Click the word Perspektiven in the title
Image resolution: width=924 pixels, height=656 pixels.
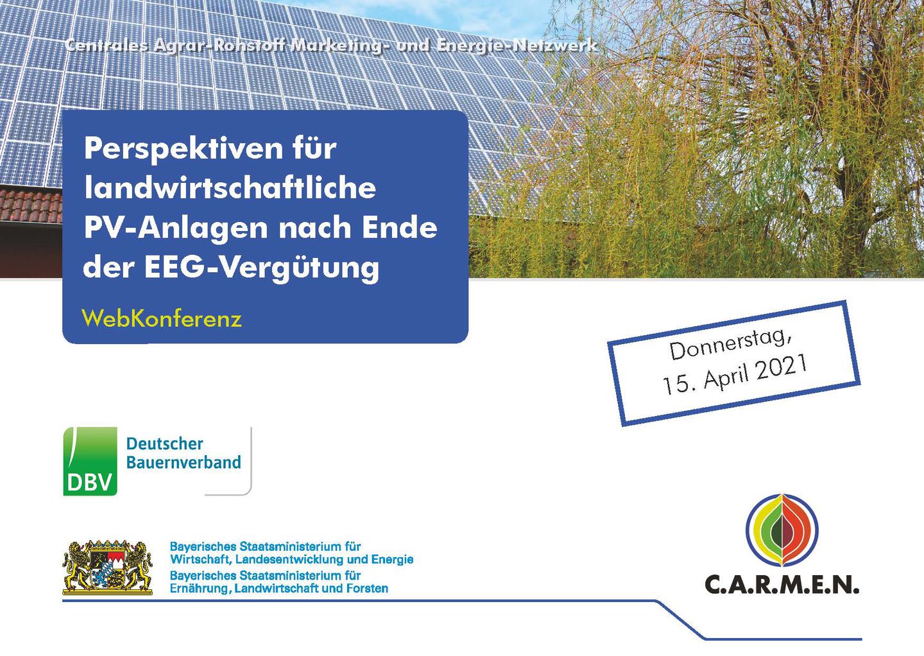pyautogui.click(x=184, y=150)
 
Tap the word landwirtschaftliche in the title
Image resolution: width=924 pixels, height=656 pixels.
pyautogui.click(x=230, y=187)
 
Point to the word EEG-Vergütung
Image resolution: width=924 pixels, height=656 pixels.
pyautogui.click(x=262, y=269)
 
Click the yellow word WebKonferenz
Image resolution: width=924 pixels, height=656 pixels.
pyautogui.click(x=162, y=318)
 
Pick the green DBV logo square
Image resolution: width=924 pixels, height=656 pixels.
pyautogui.click(x=90, y=461)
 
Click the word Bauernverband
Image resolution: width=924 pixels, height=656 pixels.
pyautogui.click(x=184, y=462)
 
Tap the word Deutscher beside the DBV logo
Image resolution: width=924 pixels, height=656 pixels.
pyautogui.click(x=164, y=444)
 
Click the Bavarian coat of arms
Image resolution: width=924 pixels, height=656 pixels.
pyautogui.click(x=108, y=567)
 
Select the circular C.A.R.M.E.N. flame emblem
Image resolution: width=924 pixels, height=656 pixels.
pyautogui.click(x=782, y=530)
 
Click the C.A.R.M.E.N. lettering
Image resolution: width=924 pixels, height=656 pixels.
pyautogui.click(x=782, y=585)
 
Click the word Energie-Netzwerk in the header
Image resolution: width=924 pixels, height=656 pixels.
pyautogui.click(x=517, y=46)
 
